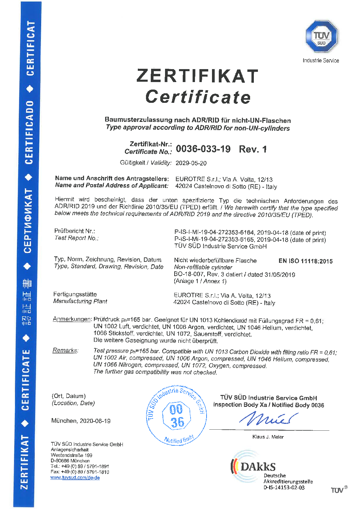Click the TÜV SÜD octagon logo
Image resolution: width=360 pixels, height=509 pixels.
[x=321, y=36]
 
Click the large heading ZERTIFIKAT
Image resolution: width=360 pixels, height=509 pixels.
[x=197, y=76]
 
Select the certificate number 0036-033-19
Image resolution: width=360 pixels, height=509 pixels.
[x=203, y=149]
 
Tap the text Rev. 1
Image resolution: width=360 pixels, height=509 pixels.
[x=253, y=149]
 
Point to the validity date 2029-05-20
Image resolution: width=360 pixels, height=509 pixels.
[x=191, y=163]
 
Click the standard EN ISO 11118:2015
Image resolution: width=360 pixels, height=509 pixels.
[x=305, y=261]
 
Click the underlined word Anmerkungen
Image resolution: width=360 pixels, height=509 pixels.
[x=72, y=319]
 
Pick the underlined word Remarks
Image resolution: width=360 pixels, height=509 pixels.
[x=65, y=350]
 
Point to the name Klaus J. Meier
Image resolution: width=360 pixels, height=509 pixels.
[x=268, y=437]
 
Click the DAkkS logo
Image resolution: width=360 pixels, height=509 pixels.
[x=253, y=466]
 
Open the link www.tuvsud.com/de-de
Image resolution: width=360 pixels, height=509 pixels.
[x=75, y=478]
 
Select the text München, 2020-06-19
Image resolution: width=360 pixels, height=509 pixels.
[x=81, y=421]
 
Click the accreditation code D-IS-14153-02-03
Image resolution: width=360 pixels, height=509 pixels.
[x=284, y=488]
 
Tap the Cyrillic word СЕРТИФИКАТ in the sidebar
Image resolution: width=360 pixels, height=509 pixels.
[x=28, y=221]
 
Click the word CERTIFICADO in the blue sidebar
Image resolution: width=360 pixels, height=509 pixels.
[x=29, y=132]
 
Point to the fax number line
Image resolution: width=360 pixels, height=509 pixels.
[x=80, y=472]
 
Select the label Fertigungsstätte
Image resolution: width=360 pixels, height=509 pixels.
[x=75, y=294]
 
